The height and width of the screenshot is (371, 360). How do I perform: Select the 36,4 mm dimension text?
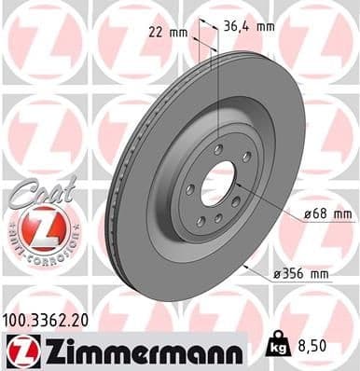[x=249, y=26]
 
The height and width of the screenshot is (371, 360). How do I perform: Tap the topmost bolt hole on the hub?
[x=218, y=149]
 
